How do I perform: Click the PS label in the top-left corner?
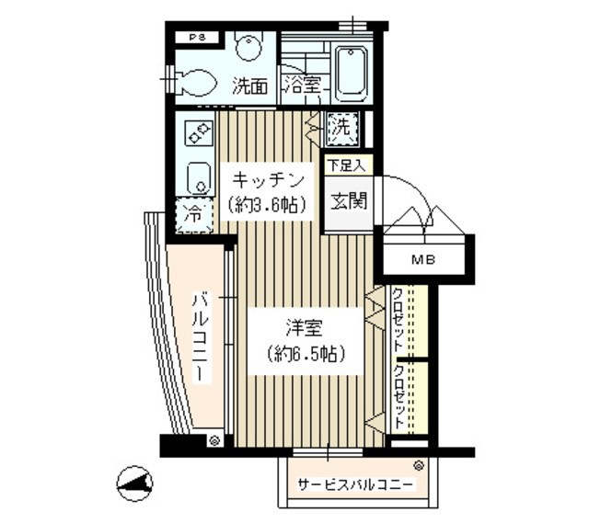[198, 38]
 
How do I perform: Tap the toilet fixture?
[197, 81]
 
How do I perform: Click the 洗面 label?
[249, 87]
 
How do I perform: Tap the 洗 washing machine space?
[341, 127]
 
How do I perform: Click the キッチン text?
[268, 178]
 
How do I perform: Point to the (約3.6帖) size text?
[268, 205]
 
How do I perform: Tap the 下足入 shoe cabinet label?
[347, 166]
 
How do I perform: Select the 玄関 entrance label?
[348, 199]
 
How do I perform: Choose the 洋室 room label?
[303, 327]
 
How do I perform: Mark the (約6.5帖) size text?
[303, 354]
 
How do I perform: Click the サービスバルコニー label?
[354, 484]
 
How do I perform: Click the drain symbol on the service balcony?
[419, 466]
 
